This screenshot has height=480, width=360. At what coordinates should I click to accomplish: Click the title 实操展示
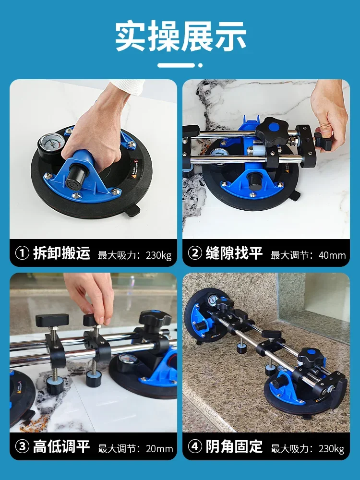coord(180,36)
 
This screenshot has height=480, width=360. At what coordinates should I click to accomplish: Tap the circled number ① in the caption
coord(23,253)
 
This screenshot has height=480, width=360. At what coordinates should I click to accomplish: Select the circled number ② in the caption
coord(195,253)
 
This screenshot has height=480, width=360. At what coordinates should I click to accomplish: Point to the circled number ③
coord(23,446)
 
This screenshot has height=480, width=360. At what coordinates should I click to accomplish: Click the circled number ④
coord(195,446)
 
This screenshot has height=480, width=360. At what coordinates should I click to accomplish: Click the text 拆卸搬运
coord(61,253)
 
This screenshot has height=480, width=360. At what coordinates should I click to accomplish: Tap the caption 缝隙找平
coord(234,253)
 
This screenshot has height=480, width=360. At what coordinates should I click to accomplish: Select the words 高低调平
coord(61,446)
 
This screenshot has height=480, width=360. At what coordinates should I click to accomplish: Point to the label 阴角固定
coord(234,446)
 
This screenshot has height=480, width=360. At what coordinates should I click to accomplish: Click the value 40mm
coord(332,255)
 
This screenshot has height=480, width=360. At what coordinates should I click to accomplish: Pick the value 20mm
coord(159,448)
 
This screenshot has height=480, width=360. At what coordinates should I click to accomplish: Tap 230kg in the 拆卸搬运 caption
coord(158,255)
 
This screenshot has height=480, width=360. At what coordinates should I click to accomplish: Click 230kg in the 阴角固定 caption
coord(331,449)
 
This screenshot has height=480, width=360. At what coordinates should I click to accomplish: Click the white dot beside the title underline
coord(200,65)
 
